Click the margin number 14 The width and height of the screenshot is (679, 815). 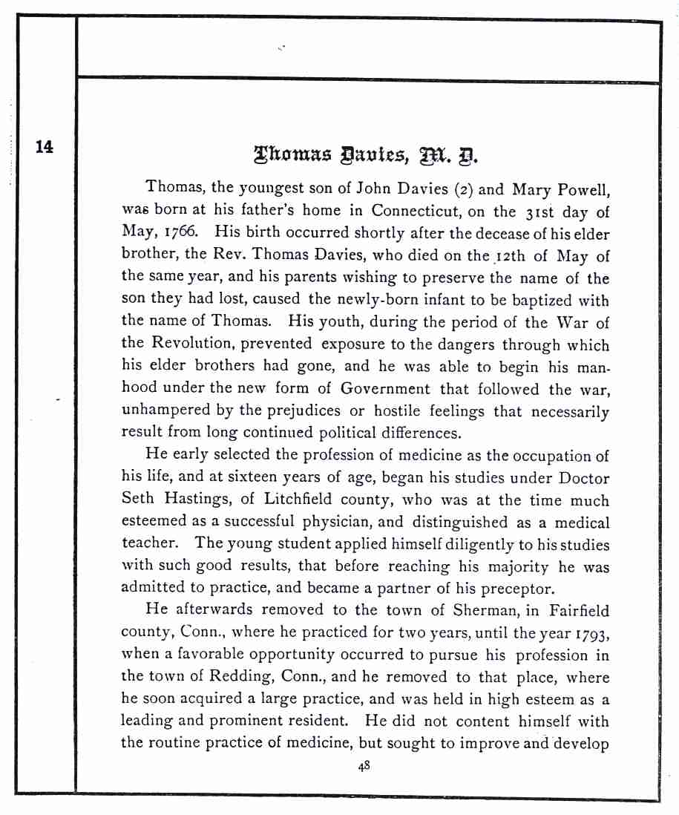(x=45, y=146)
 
